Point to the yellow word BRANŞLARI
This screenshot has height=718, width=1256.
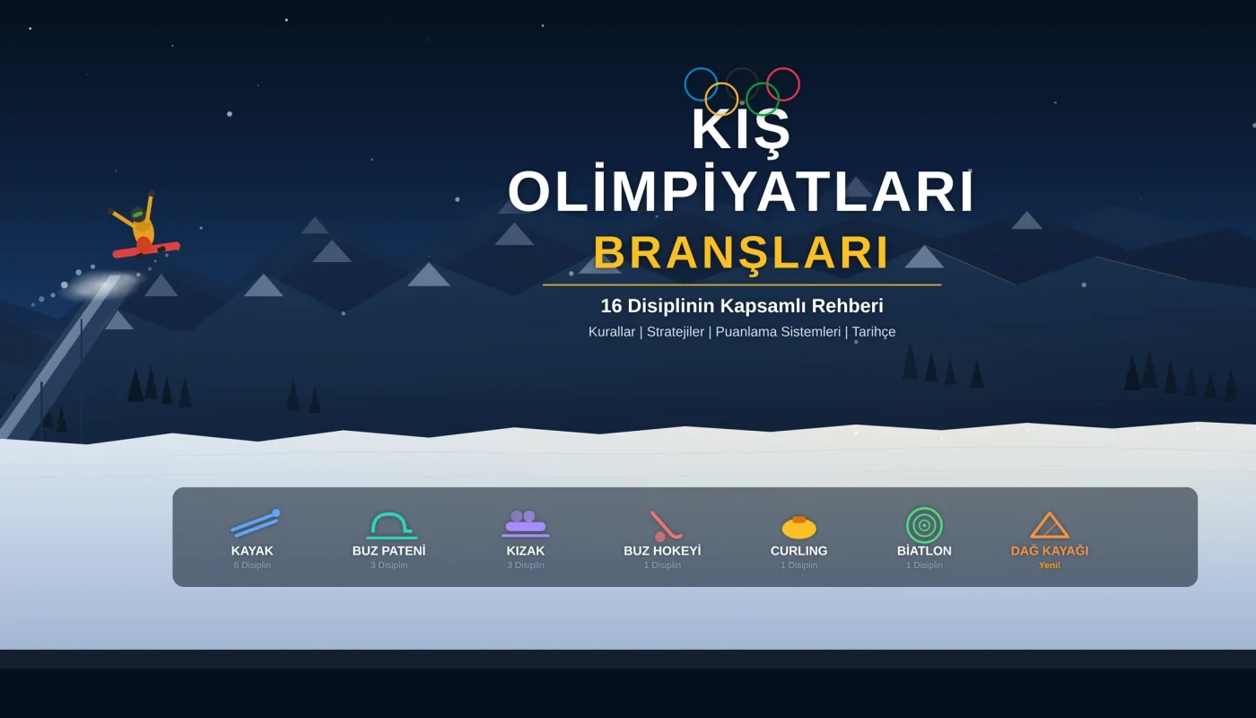click(741, 253)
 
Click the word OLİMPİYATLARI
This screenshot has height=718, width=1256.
click(741, 192)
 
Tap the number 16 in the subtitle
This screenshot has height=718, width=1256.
click(611, 306)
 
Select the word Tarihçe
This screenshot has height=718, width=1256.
click(873, 332)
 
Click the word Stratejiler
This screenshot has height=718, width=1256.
click(676, 332)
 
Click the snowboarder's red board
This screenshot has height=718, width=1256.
click(146, 249)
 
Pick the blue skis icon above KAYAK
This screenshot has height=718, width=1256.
click(255, 523)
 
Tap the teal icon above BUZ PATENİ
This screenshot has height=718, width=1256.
click(390, 524)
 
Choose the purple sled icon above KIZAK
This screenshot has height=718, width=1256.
click(526, 523)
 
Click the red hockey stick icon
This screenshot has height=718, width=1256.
click(665, 525)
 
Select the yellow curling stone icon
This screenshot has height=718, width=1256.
click(798, 527)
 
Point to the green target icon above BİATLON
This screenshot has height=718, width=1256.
click(924, 525)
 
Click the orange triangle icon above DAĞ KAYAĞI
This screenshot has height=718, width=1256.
click(1050, 525)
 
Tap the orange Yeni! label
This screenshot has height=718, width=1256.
click(1050, 565)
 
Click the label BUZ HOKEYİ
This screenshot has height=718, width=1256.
click(662, 551)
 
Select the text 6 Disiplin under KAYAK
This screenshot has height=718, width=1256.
click(252, 565)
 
